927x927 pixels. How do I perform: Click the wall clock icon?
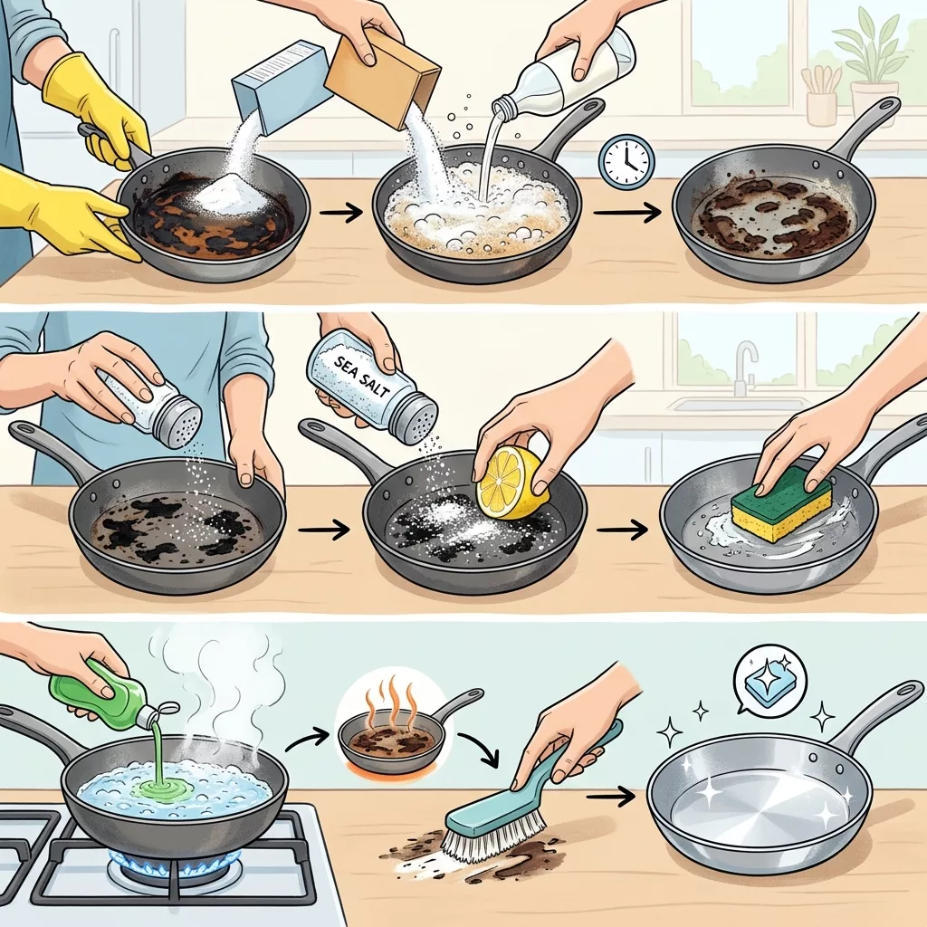tap(627, 160)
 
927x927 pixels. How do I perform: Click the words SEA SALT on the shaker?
tap(355, 375)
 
